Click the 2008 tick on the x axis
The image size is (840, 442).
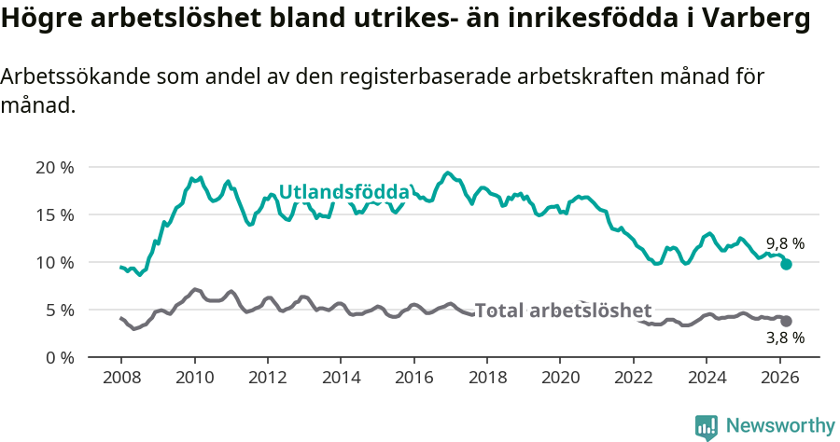[x=121, y=379]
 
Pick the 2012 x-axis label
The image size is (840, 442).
[x=267, y=379]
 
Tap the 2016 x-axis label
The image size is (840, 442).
[x=413, y=379]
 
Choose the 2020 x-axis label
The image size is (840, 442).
[x=560, y=379]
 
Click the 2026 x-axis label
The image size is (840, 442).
[x=779, y=379]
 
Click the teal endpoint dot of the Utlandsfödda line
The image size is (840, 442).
[x=786, y=264]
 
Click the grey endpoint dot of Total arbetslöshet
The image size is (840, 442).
[x=786, y=321]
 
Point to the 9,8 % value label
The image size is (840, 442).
[x=785, y=243]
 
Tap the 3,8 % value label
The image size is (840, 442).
[x=785, y=338]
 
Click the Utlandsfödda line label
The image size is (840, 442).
[x=344, y=192]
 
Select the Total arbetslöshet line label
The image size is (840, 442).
[x=563, y=311]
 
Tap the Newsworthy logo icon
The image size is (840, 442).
[x=707, y=426]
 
